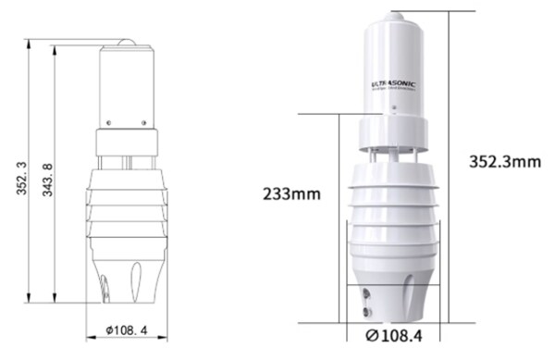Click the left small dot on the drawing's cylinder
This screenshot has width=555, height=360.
click(108, 122)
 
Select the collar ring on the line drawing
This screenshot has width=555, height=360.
click(129, 142)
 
